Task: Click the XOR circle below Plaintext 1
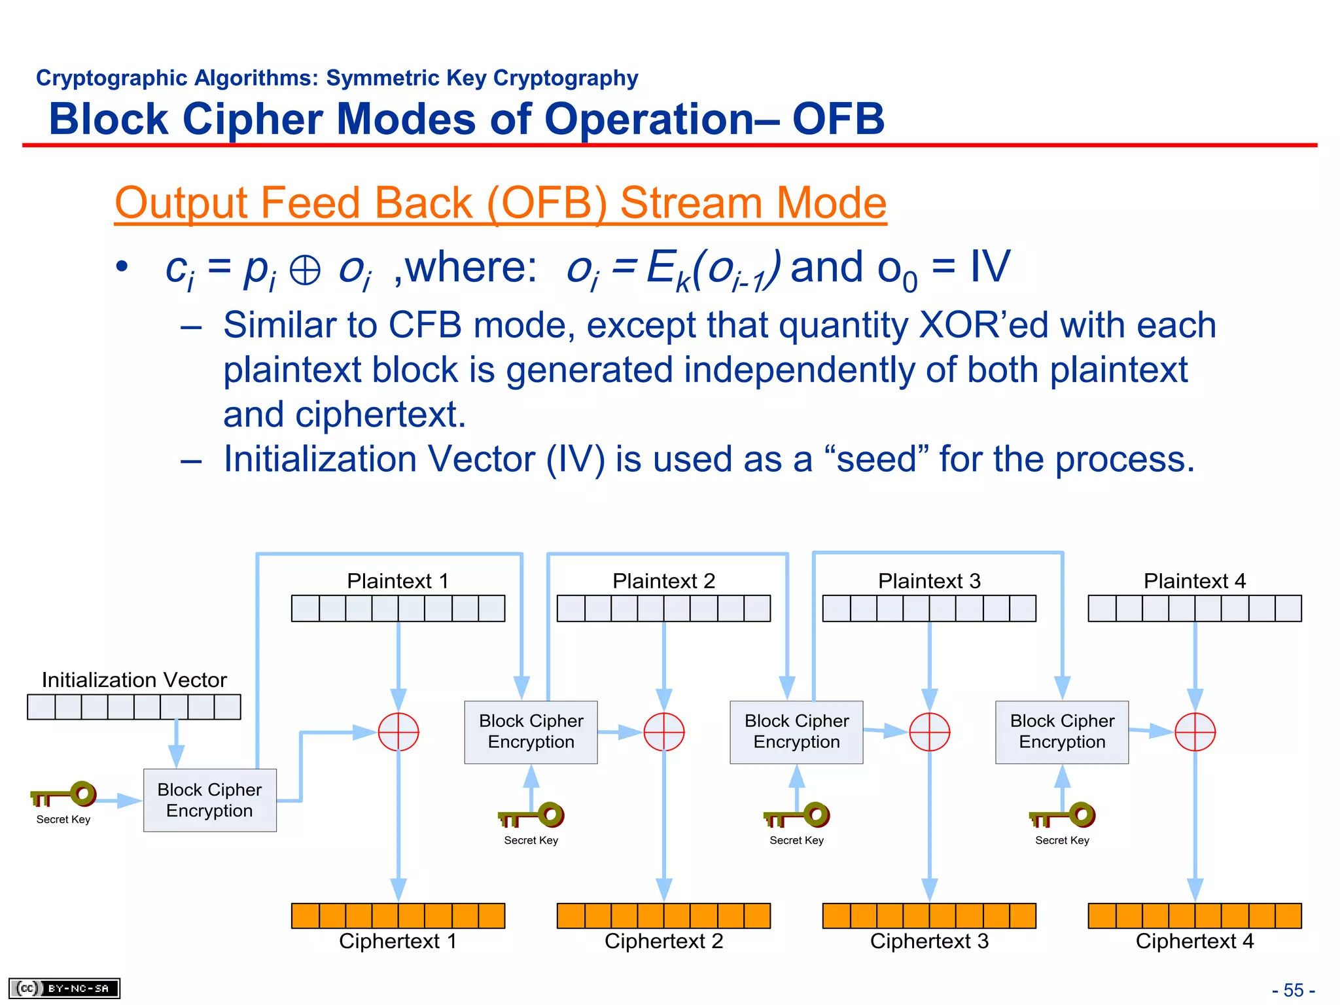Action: [x=398, y=732]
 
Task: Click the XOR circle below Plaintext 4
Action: [x=1195, y=732]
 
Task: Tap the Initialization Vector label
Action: [x=134, y=680]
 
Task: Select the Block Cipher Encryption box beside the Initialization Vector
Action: [x=209, y=800]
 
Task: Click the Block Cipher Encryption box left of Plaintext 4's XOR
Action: [x=1061, y=732]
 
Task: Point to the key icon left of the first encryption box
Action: [x=64, y=794]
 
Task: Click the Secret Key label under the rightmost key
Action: [x=1061, y=840]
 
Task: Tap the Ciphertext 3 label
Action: [x=928, y=941]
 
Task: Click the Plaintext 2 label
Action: [x=663, y=581]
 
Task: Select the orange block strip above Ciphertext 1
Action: [x=398, y=915]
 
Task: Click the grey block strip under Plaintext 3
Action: [x=928, y=608]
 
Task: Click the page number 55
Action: [x=1293, y=990]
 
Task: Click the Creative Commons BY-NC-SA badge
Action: [x=64, y=988]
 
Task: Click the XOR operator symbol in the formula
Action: [x=305, y=270]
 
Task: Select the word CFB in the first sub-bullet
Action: [x=425, y=325]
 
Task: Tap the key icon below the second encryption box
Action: [x=531, y=815]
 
